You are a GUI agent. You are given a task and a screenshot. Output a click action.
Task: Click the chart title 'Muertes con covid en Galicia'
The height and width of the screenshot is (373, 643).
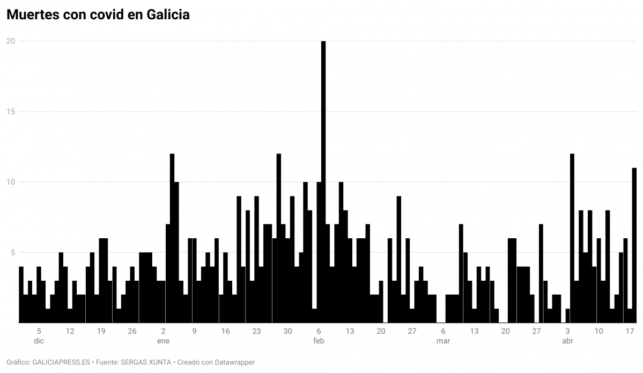pyautogui.click(x=98, y=15)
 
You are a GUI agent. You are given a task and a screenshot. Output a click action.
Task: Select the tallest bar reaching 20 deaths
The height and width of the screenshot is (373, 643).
pyautogui.click(x=323, y=182)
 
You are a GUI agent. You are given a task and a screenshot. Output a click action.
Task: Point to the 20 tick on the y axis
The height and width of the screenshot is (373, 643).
pyautogui.click(x=10, y=41)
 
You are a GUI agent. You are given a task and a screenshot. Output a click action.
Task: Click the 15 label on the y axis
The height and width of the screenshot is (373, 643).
pyautogui.click(x=10, y=112)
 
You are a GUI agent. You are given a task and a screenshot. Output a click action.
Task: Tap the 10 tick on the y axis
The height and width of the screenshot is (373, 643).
pyautogui.click(x=10, y=182)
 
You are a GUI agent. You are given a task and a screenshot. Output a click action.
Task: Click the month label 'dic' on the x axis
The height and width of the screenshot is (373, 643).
pyautogui.click(x=39, y=341)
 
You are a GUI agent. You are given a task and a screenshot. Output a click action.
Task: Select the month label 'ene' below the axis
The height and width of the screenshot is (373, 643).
pyautogui.click(x=163, y=341)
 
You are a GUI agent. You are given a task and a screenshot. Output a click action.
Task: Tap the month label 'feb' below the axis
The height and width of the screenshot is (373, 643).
pyautogui.click(x=319, y=341)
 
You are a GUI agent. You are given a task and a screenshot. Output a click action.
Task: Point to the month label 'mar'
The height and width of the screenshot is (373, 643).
pyautogui.click(x=443, y=341)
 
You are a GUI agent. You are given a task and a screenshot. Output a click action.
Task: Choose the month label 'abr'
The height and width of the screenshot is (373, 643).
pyautogui.click(x=567, y=341)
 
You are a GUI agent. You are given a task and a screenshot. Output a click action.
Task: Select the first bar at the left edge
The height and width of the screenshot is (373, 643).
pyautogui.click(x=21, y=295)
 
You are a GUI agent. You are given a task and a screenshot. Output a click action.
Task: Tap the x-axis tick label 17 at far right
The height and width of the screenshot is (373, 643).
pyautogui.click(x=630, y=331)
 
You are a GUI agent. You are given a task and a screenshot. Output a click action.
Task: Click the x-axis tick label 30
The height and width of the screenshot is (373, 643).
pyautogui.click(x=287, y=331)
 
